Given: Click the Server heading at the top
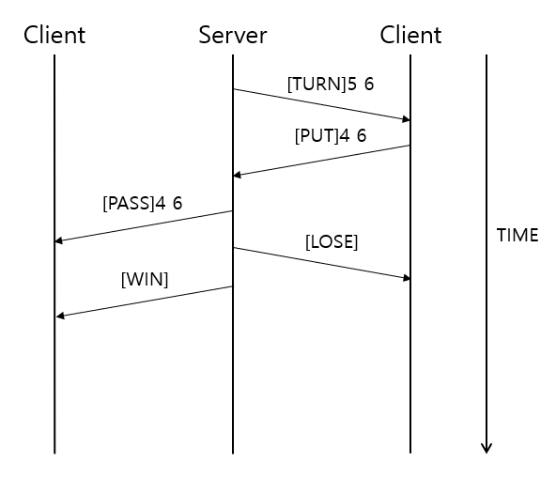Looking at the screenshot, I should tap(233, 36).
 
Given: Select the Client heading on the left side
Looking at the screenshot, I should tap(54, 36).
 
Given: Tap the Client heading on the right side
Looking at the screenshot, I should tap(410, 36).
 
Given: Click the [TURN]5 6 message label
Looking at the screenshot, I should tap(330, 84).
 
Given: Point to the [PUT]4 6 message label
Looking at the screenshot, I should tap(330, 135).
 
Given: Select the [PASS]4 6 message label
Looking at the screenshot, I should tap(142, 202).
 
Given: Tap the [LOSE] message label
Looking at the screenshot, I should tap(331, 241).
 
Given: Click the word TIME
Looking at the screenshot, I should tap(517, 236).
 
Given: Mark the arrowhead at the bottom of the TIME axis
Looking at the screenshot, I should tap(486, 447).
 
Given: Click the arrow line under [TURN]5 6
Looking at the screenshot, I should tap(322, 104).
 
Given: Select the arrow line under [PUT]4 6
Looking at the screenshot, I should tap(322, 160).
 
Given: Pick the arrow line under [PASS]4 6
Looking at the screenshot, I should tap(144, 226).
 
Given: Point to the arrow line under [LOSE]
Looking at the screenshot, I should tap(322, 263).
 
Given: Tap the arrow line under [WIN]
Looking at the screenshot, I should tap(144, 301).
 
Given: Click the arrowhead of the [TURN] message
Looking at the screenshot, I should tap(406, 119).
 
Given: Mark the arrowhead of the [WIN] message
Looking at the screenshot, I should tap(60, 316).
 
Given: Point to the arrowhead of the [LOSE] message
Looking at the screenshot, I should tap(406, 278).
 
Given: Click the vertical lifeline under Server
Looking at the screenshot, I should tap(233, 376).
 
